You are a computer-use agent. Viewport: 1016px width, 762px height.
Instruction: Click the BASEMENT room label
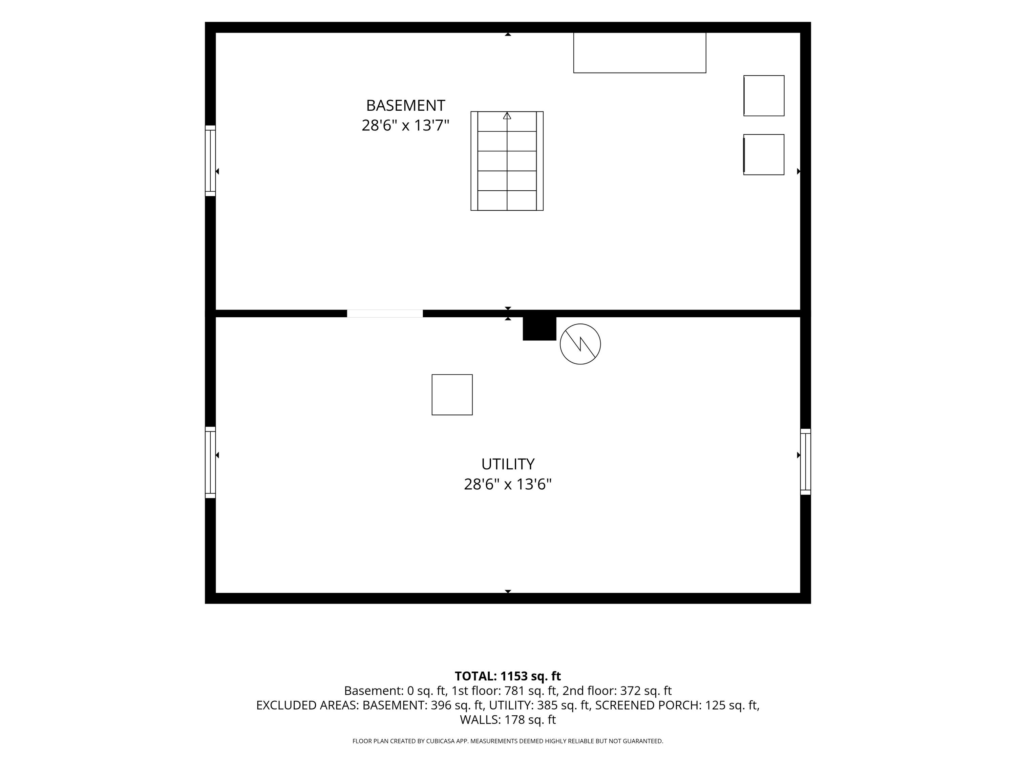point(406,106)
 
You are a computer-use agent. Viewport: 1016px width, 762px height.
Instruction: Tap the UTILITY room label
point(508,464)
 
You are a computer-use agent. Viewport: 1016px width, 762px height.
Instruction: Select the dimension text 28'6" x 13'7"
point(406,125)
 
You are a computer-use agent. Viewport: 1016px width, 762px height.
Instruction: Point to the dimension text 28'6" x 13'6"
point(508,485)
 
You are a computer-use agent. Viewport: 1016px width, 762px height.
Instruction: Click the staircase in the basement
point(507,161)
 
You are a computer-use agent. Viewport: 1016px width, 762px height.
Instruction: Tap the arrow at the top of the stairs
point(507,116)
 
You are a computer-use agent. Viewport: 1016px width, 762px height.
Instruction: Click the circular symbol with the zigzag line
point(580,344)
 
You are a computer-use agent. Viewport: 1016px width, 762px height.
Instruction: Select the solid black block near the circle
point(540,329)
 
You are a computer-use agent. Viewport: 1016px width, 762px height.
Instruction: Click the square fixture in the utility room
point(452,395)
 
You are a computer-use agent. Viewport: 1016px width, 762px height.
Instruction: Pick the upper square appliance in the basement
point(764,96)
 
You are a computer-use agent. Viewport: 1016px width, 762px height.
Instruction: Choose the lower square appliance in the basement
point(764,155)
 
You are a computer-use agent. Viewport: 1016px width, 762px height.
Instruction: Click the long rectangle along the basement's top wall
point(640,53)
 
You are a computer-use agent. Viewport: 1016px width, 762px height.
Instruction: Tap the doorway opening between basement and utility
point(385,314)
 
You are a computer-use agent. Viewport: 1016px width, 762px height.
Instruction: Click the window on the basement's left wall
point(210,161)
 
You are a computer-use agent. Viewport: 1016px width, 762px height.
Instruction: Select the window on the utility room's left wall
point(210,463)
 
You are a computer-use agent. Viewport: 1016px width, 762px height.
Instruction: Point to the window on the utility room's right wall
point(806,462)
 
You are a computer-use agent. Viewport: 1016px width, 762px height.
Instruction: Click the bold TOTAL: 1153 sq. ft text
point(508,676)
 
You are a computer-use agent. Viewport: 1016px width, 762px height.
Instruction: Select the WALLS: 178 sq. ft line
point(508,720)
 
